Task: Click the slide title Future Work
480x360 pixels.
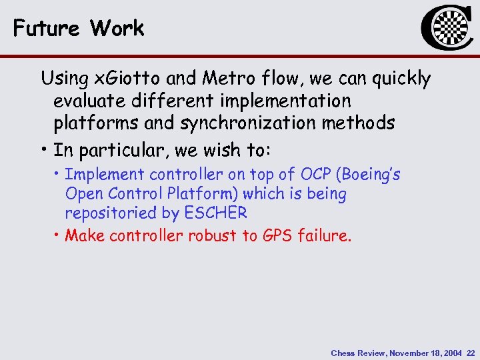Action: tap(78, 28)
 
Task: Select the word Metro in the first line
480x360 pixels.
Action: tap(225, 79)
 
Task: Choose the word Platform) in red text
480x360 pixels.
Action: tap(205, 194)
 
